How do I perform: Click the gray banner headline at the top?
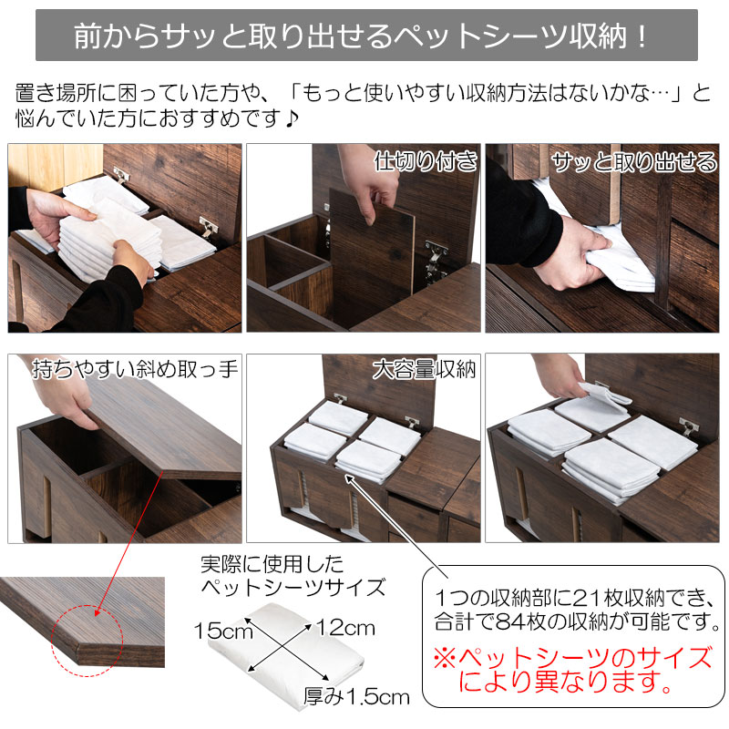(366, 36)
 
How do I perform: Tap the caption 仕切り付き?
(426, 161)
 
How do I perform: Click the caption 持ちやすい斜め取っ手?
(135, 369)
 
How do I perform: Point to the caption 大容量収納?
(424, 370)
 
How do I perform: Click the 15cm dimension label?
(223, 631)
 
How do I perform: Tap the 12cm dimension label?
(346, 628)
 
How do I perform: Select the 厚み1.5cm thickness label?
(356, 696)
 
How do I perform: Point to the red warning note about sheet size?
(572, 670)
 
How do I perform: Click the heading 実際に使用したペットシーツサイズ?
(293, 576)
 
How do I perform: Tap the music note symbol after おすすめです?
(291, 118)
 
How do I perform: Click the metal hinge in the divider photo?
(436, 262)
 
